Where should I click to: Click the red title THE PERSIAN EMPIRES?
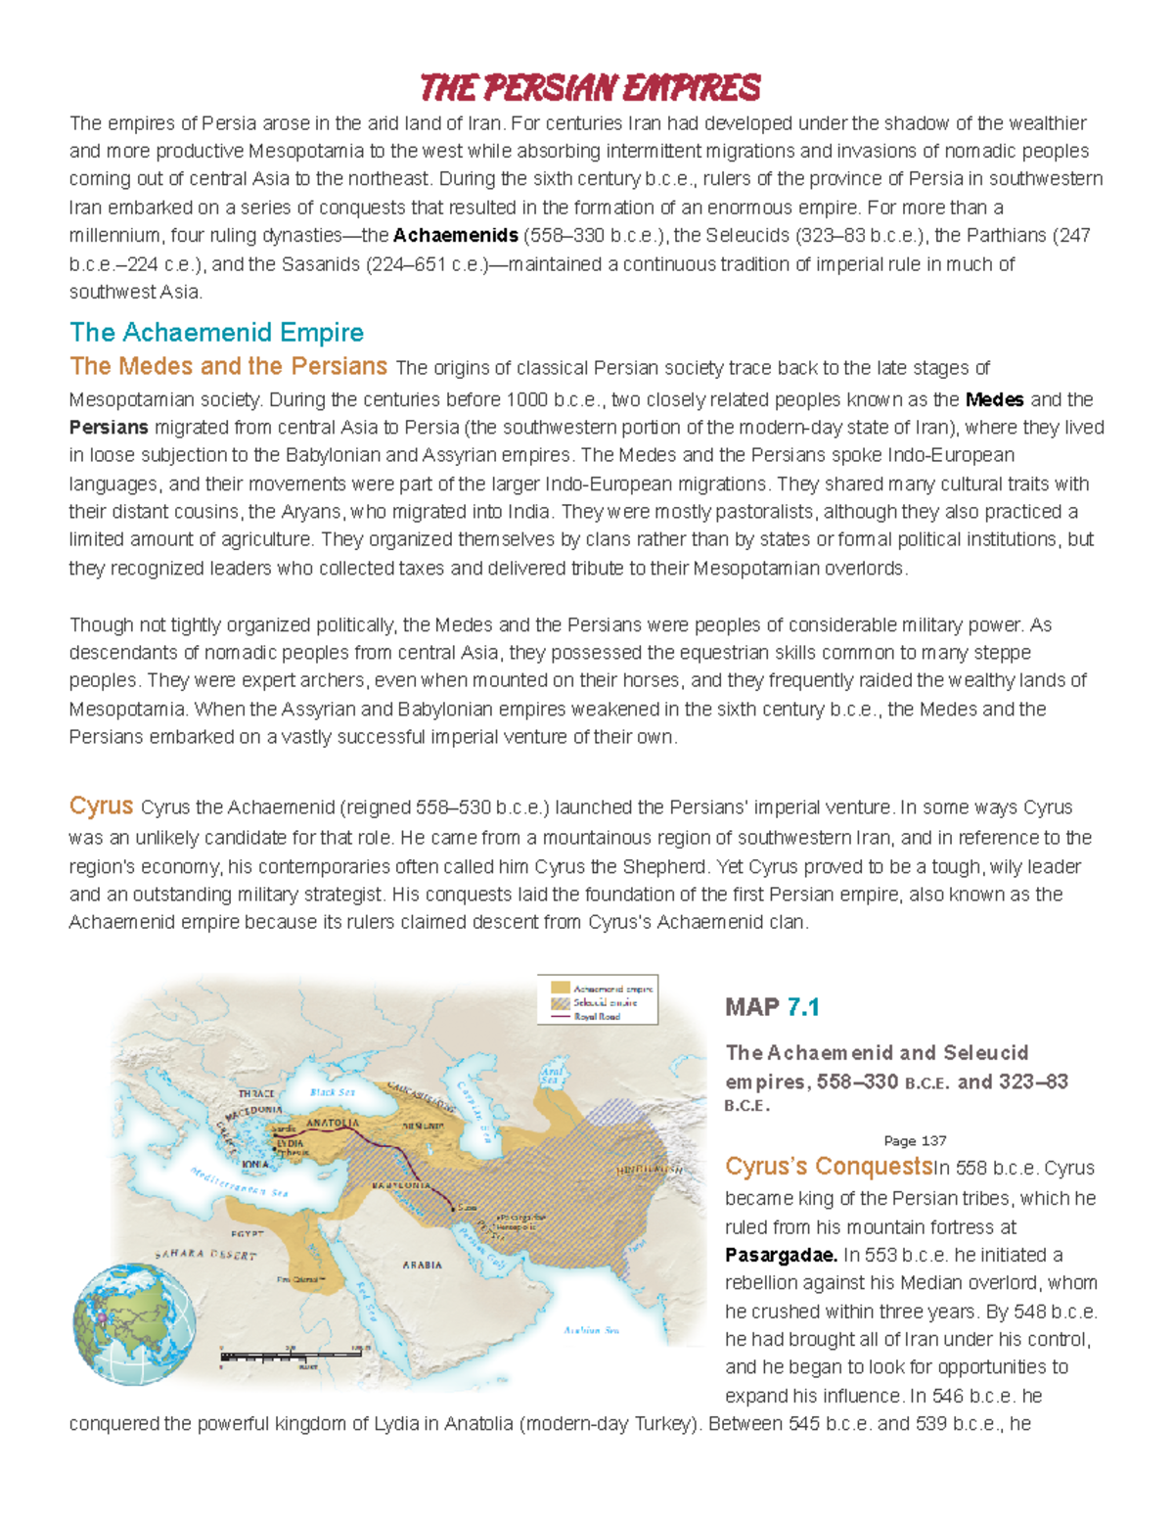pos(590,88)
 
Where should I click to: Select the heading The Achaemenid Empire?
pos(216,333)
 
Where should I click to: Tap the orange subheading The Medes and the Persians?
pos(228,366)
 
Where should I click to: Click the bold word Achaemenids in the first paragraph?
pos(455,236)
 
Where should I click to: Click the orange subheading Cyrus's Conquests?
pos(828,1167)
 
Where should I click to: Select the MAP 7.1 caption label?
pos(772,1007)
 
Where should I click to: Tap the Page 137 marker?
pos(915,1140)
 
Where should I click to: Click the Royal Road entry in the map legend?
pos(597,1017)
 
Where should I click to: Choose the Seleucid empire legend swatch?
pos(560,1003)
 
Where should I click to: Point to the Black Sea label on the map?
pos(333,1092)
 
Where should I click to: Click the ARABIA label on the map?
pos(422,1265)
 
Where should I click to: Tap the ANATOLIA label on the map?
pos(333,1123)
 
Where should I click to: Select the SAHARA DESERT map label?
pos(205,1254)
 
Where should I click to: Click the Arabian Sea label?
pos(591,1330)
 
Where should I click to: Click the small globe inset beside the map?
pos(134,1323)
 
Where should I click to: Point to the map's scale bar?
pos(293,1358)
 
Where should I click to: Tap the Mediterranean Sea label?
pos(239,1183)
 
